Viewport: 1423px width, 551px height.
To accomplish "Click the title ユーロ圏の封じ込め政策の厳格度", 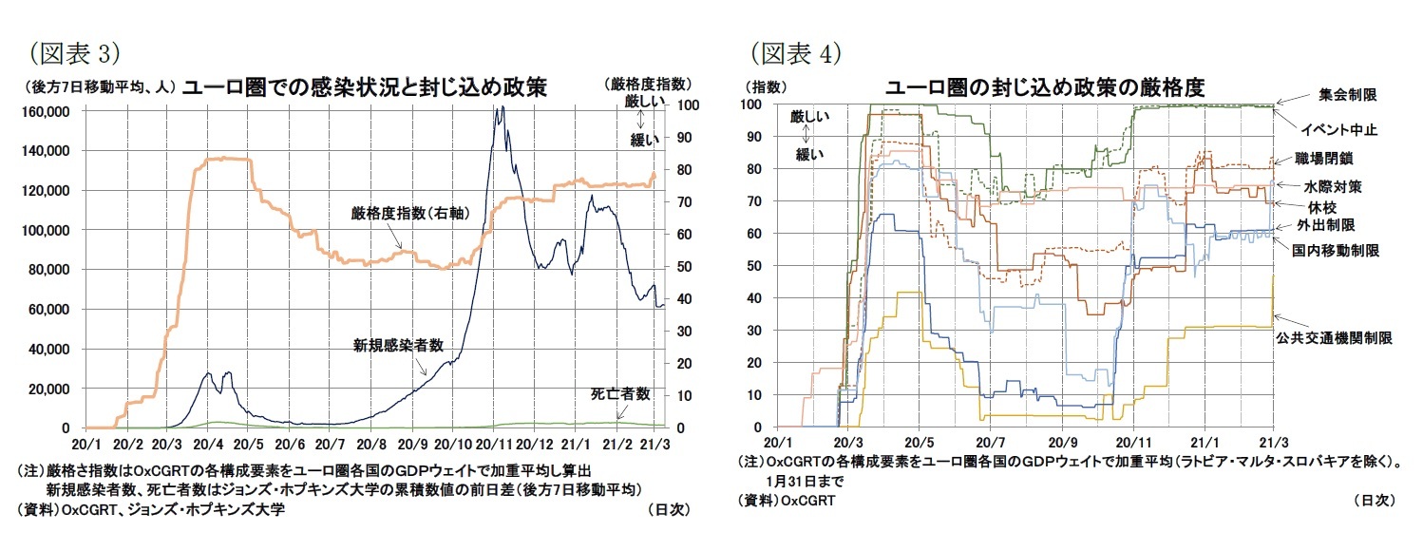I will click(1045, 88).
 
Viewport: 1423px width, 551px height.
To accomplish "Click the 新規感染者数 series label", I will click(398, 345).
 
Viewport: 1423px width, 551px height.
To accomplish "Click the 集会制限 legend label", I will click(1348, 95).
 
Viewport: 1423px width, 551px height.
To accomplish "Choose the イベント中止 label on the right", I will click(1338, 129).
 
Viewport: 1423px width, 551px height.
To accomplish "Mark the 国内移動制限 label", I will click(1335, 250).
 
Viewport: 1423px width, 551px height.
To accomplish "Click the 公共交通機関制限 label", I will click(1347, 337).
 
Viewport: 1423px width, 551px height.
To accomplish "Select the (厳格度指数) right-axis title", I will click(646, 84).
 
